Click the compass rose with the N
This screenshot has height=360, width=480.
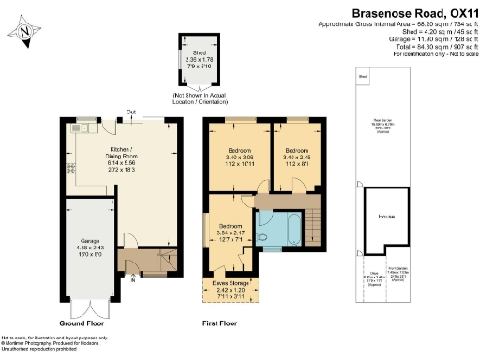24,32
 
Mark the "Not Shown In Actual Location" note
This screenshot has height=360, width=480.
199,97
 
